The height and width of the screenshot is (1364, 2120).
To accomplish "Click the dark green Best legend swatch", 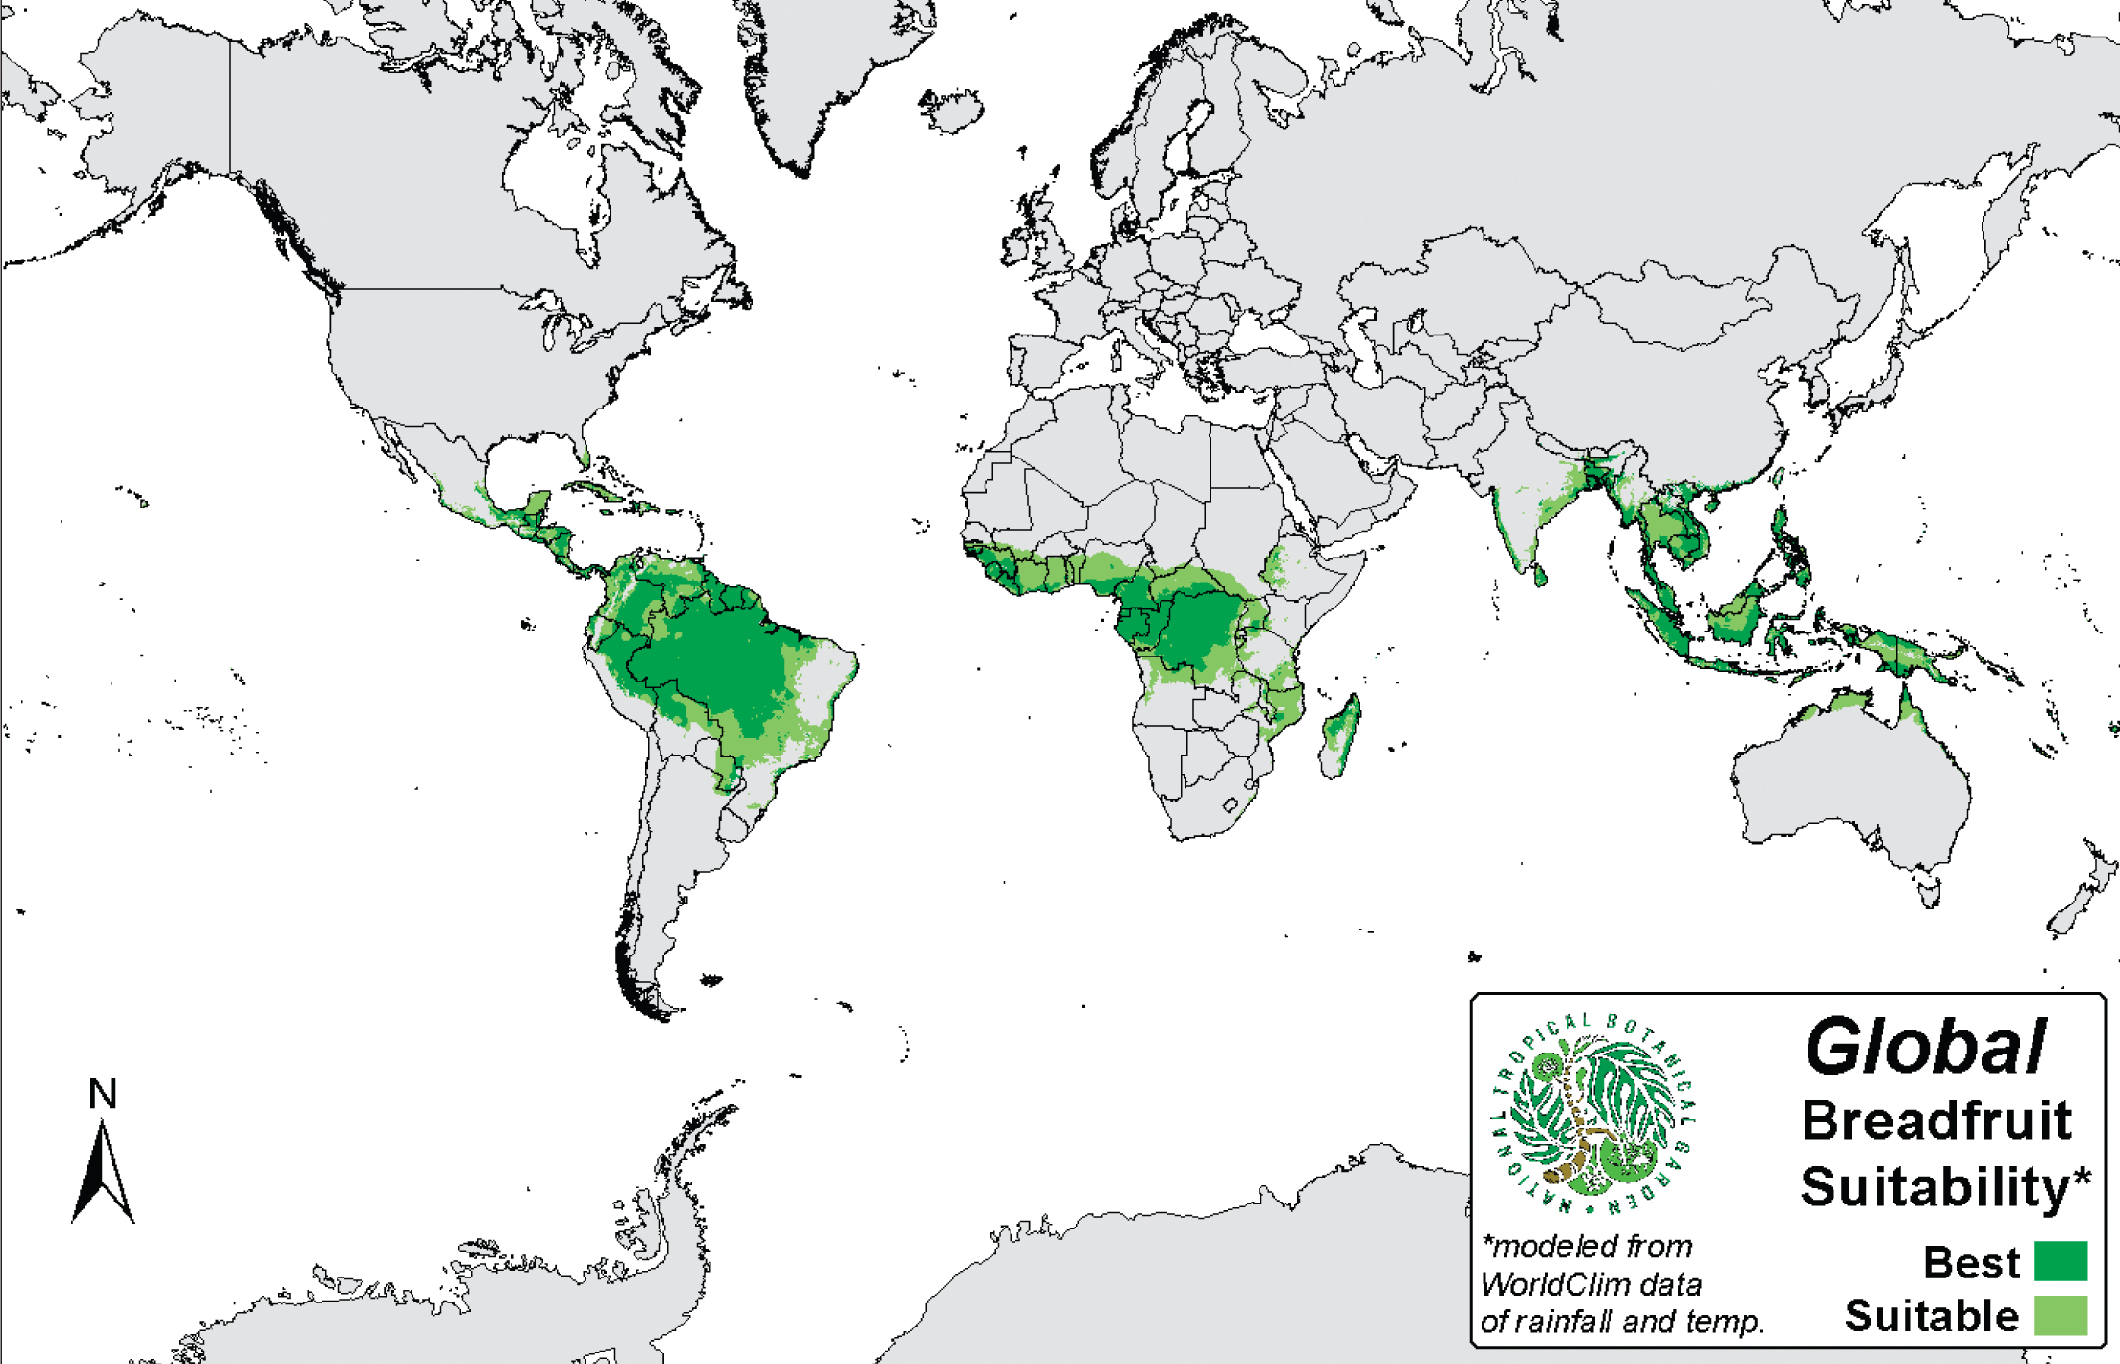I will pos(2060,1261).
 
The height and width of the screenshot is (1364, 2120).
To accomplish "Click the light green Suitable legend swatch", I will pos(2060,1315).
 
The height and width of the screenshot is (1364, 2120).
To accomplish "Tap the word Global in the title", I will pos(1925,1048).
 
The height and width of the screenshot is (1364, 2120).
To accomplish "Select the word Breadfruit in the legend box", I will pos(1936,1121).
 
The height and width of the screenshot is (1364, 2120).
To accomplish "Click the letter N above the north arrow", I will pos(103,1094).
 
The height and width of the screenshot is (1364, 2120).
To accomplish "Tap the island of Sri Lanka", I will pos(1539,576).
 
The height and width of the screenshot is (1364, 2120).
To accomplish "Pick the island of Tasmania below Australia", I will pos(1928,889).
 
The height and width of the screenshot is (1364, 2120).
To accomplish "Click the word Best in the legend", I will pos(1971,1262).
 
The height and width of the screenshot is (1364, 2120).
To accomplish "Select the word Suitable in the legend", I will pos(1932,1316).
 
